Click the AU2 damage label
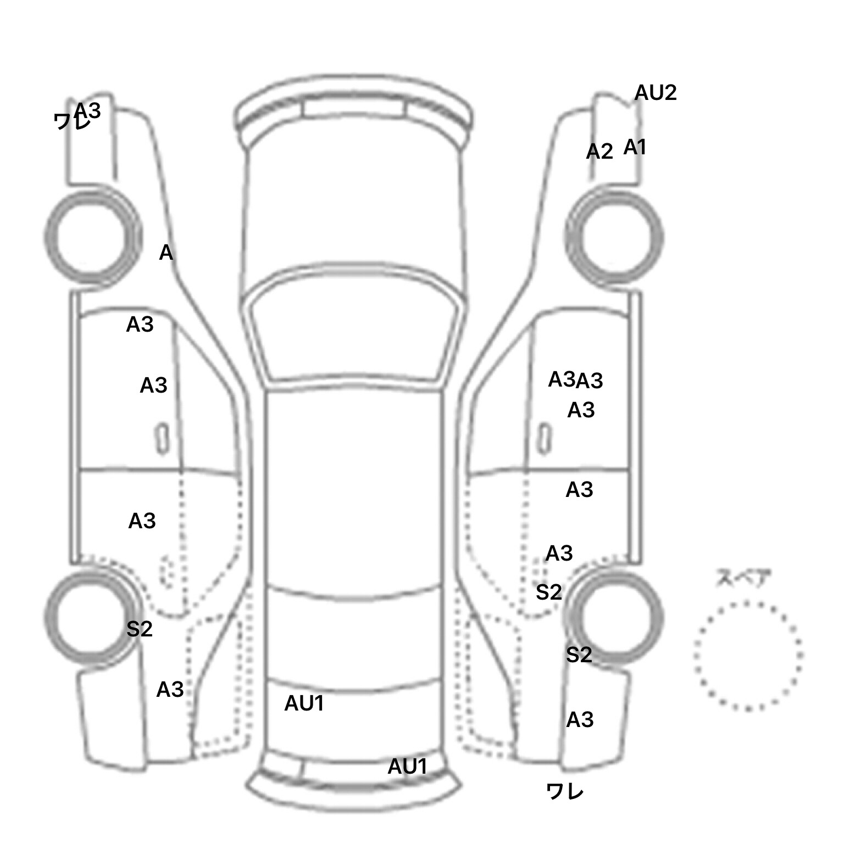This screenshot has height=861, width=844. (x=655, y=93)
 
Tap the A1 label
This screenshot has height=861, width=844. (x=635, y=147)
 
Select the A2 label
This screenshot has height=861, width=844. (x=599, y=151)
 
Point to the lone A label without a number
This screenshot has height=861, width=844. (x=166, y=253)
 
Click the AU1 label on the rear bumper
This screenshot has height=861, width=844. (x=407, y=766)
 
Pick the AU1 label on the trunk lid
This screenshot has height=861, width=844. (x=304, y=703)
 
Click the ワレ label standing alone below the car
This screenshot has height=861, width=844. (x=565, y=791)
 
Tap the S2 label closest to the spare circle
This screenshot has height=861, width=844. (x=579, y=655)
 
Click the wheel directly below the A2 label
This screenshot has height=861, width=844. (x=614, y=238)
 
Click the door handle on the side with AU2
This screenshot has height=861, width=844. (x=544, y=438)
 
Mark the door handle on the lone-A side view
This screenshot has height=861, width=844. (x=163, y=439)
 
